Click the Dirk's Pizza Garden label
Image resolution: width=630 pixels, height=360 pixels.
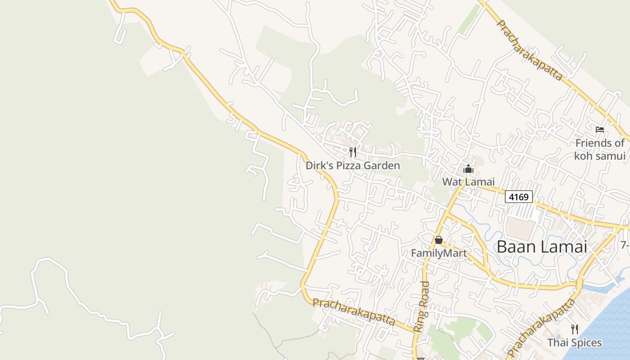tap(353, 166)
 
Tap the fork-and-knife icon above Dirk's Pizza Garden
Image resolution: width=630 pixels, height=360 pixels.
tap(353, 152)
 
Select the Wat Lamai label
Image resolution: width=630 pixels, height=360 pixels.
tap(468, 182)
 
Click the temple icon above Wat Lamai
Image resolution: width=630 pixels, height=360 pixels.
tap(468, 169)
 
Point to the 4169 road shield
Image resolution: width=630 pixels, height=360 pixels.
tap(518, 197)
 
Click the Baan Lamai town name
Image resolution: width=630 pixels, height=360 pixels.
tap(542, 247)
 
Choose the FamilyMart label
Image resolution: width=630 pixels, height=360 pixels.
tap(439, 253)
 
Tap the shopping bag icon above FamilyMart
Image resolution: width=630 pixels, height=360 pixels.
tap(439, 240)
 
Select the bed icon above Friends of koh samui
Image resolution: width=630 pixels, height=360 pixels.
tap(600, 130)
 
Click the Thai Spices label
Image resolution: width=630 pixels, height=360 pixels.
tap(574, 343)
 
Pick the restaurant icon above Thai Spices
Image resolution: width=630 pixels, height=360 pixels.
tap(574, 329)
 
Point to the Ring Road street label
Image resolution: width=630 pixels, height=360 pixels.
tap(422, 306)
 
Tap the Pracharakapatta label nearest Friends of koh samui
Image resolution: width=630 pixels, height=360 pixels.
tap(529, 50)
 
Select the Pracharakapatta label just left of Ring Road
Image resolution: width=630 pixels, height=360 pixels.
tap(354, 312)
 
